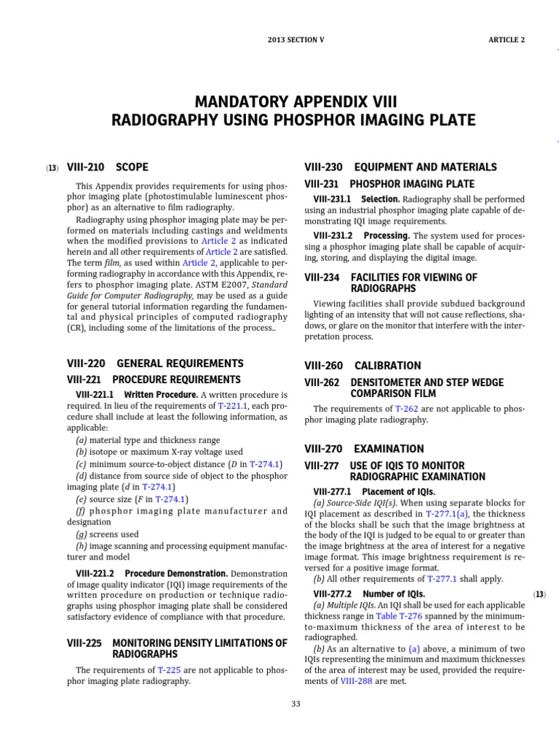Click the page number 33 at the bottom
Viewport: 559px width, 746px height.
pos(296,703)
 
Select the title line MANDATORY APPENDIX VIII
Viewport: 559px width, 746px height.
pos(293,100)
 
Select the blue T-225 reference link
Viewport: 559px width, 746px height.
pos(169,670)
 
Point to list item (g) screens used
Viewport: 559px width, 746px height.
pos(108,534)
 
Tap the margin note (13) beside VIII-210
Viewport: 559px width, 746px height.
pos(52,168)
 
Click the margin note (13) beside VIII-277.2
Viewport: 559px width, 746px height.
pos(539,594)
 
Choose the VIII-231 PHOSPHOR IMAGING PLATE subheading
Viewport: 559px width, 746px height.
pos(389,184)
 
